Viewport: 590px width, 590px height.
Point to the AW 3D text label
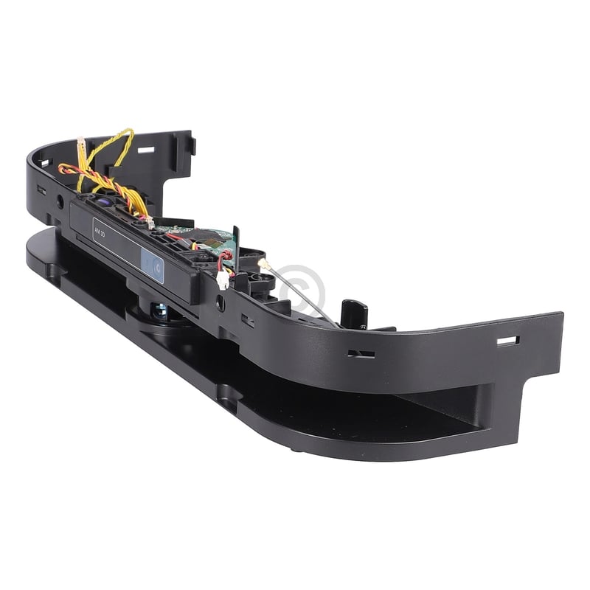(101, 228)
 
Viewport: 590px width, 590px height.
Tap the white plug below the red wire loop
(223, 281)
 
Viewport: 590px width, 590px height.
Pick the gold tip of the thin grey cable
(262, 263)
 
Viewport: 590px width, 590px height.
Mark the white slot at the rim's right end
(507, 341)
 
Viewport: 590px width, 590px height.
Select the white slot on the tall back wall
(146, 150)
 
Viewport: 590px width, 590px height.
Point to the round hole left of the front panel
(60, 201)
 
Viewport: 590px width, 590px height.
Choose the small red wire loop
(224, 257)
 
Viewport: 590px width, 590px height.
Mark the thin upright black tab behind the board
(235, 243)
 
